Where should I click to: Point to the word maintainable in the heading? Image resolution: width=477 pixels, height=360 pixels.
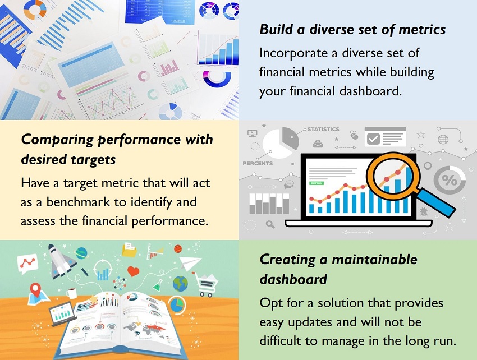click(374, 260)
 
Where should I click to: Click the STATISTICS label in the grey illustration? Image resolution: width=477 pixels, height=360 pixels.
click(323, 129)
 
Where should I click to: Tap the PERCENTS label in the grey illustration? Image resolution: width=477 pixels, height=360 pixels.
click(258, 163)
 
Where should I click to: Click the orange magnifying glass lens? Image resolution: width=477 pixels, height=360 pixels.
click(393, 176)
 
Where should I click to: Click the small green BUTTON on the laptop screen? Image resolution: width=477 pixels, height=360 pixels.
click(317, 183)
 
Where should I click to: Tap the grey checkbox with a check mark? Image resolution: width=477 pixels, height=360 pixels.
click(373, 139)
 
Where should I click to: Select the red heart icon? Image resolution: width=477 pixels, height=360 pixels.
click(133, 271)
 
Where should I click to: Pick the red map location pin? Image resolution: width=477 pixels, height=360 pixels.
click(36, 290)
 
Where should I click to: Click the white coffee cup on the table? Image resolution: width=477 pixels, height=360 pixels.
click(71, 293)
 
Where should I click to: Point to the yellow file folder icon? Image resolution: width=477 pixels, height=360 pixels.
click(129, 250)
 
